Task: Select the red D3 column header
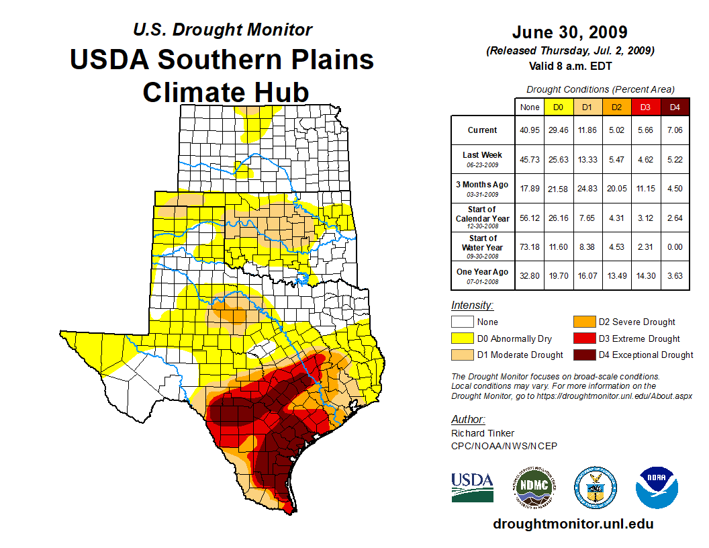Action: (x=645, y=107)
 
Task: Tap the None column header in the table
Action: (x=530, y=107)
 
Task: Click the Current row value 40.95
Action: (x=530, y=130)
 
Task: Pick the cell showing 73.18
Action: (x=530, y=247)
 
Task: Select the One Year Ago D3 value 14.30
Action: (x=645, y=276)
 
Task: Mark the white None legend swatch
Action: (x=463, y=322)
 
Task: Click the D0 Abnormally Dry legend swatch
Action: (x=463, y=338)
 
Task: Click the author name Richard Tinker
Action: (x=483, y=433)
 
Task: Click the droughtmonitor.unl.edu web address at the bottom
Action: (x=573, y=524)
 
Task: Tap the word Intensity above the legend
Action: (x=472, y=306)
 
